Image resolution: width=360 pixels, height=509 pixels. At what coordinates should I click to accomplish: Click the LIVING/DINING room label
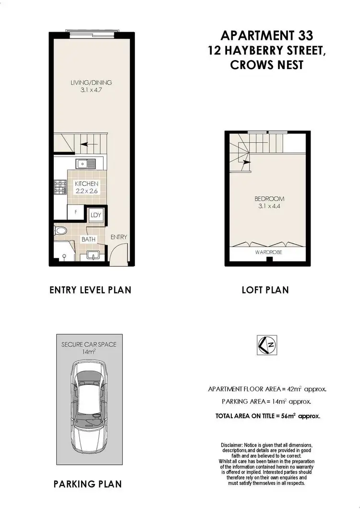click(91, 83)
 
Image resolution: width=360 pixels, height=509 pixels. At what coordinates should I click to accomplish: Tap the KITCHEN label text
click(86, 184)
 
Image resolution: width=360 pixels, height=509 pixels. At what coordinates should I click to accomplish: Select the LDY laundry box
click(96, 215)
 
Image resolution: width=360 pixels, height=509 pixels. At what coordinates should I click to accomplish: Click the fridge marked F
click(76, 211)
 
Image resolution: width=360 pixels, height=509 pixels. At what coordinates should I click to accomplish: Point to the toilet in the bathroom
click(60, 231)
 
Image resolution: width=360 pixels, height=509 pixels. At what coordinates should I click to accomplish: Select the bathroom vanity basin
click(93, 255)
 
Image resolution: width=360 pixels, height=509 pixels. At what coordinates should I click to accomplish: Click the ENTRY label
click(119, 237)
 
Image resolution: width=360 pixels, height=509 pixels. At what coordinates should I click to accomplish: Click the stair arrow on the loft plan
click(246, 162)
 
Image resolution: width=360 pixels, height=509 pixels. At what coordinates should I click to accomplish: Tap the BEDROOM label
click(269, 199)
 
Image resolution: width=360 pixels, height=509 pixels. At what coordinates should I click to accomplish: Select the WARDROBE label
click(268, 251)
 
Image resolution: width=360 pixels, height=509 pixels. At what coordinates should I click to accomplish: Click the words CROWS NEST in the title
click(267, 65)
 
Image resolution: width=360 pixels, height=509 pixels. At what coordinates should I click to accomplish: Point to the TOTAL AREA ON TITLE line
click(268, 416)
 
